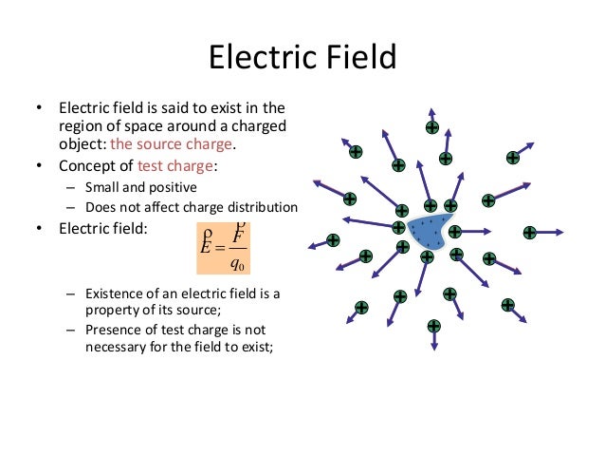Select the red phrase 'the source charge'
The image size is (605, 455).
pyautogui.click(x=171, y=145)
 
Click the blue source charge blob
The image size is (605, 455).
pyautogui.click(x=431, y=232)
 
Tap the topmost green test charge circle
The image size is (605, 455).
pyautogui.click(x=431, y=127)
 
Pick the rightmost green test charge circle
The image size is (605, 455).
pyautogui.click(x=529, y=232)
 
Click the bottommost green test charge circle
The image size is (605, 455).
pyautogui.click(x=433, y=326)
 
